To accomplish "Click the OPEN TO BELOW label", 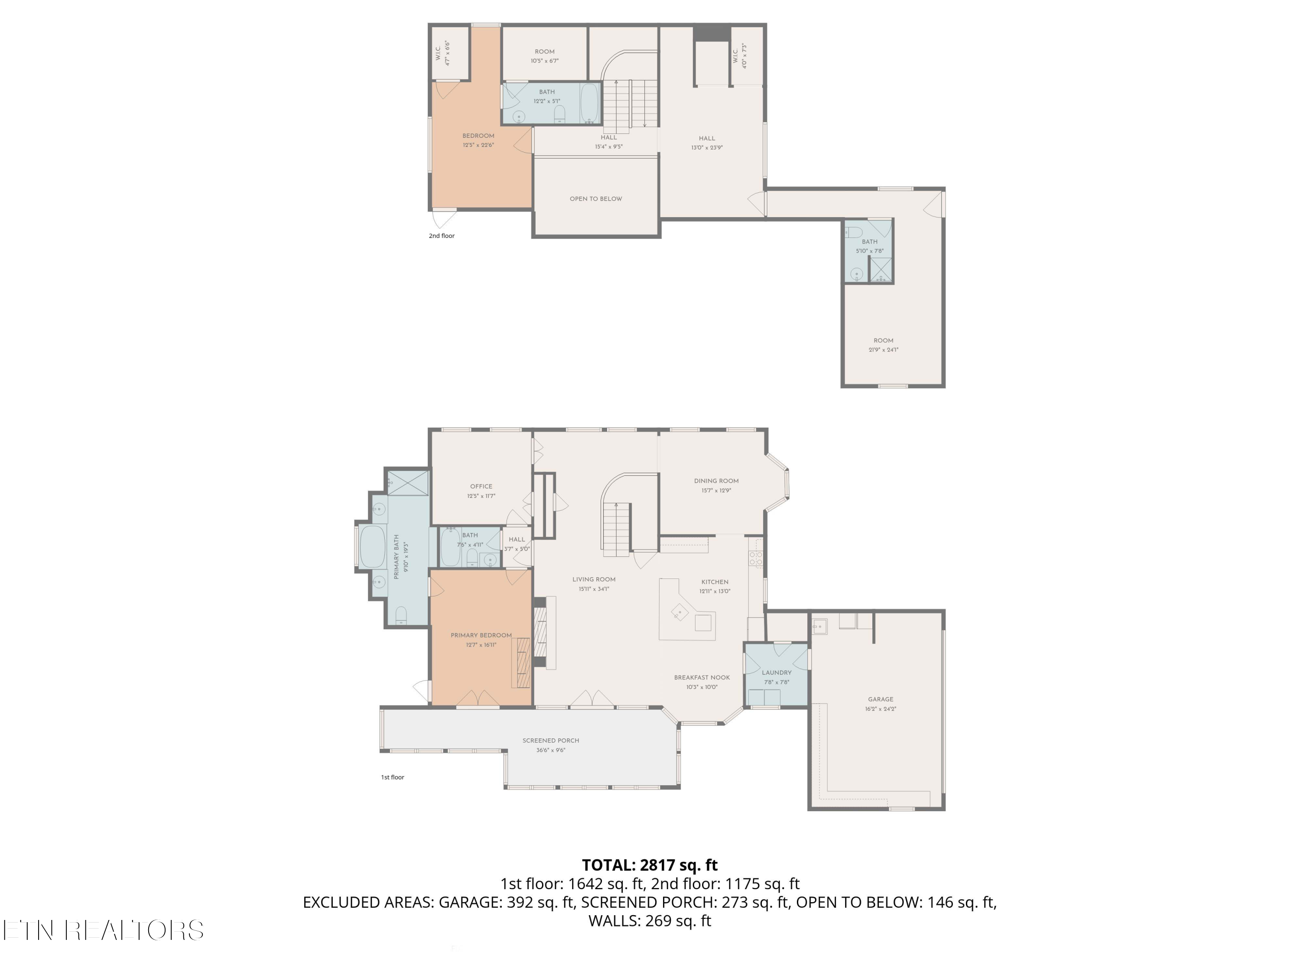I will coord(595,198).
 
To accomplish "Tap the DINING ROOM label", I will coord(716,481).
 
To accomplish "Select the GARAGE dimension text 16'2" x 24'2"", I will coord(881,709).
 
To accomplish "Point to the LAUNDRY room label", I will coord(777,673).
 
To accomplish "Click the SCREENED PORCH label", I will coord(551,741).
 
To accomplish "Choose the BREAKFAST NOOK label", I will coord(702,678).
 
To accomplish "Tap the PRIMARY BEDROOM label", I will coord(481,635).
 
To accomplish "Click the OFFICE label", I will coord(481,487).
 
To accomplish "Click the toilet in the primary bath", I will coord(401,615).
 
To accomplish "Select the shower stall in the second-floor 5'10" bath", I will coord(881,269).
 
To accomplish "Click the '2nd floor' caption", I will coord(442,236).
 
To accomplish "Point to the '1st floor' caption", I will coord(393,777).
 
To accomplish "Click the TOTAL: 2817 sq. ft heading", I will coord(650,865).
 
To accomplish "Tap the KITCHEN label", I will coord(715,582).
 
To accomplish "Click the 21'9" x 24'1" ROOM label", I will coord(883,341).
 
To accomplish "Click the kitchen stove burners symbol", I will coord(755,558).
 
